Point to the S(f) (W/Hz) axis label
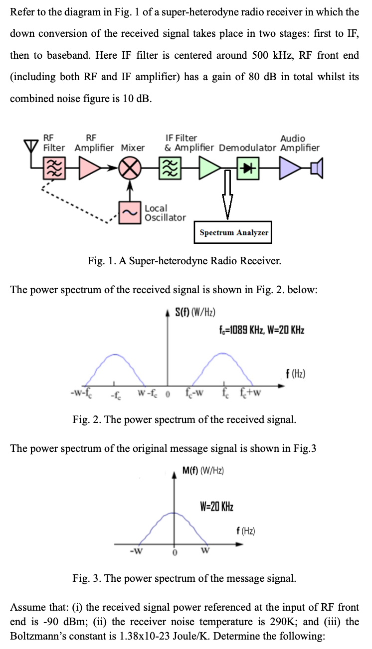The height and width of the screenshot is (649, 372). pyautogui.click(x=195, y=313)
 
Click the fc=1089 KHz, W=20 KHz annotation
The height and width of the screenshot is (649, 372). pyautogui.click(x=261, y=329)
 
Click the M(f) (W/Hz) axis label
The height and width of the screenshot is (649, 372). pyautogui.click(x=203, y=470)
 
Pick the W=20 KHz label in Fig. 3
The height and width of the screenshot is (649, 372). pyautogui.click(x=216, y=507)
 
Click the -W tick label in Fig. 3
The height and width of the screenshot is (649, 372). pyautogui.click(x=135, y=551)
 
